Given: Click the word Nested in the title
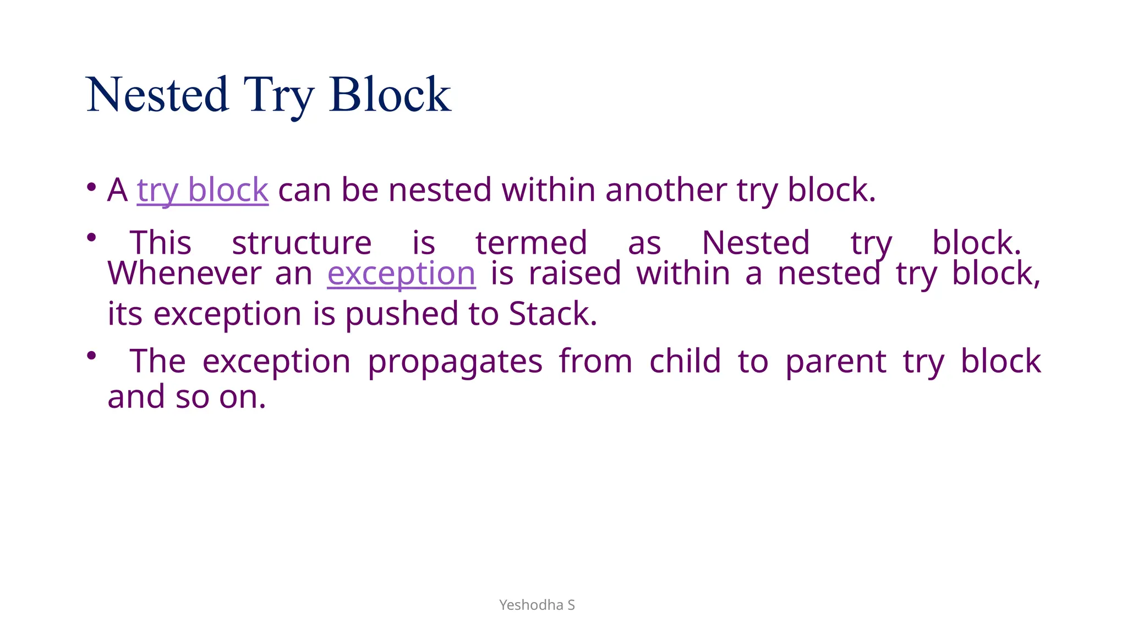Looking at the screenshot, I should [157, 95].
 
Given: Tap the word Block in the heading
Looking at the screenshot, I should [390, 95].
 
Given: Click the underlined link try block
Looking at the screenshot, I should [203, 190].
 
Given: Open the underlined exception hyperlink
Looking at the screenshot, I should [401, 274].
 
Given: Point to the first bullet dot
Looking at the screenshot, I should [91, 187].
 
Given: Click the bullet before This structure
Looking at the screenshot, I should [91, 238].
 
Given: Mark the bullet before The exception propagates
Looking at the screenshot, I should [91, 356].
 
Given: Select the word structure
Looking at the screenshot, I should [302, 243].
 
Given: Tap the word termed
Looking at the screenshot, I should [531, 243].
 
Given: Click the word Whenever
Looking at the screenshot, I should [184, 274].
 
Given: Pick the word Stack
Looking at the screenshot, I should [552, 314].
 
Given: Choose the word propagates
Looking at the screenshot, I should [455, 362].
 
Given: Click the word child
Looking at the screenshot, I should [685, 362].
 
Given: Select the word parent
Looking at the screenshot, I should [835, 362].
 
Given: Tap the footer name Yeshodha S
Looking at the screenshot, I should [537, 605].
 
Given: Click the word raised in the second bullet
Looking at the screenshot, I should [575, 274].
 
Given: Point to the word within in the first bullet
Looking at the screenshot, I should [548, 190].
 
